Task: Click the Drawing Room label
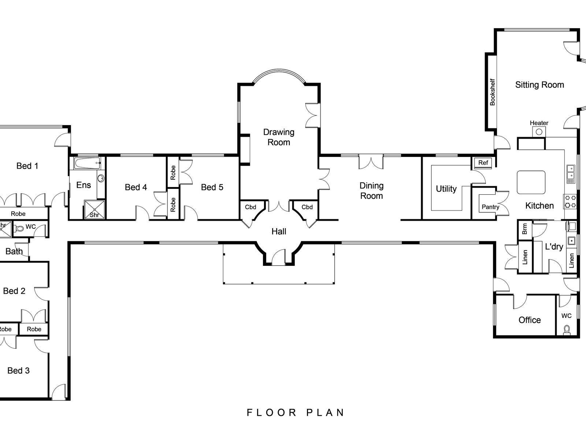[279, 137]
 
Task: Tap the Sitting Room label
[539, 85]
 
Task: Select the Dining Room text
[371, 190]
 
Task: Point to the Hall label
[279, 231]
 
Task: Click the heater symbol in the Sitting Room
[539, 132]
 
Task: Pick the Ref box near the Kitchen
[483, 163]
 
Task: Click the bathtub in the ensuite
[88, 163]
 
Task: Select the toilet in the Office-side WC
[566, 330]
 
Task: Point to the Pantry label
[490, 207]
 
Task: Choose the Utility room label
[446, 189]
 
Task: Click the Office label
[530, 320]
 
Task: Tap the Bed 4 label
[136, 187]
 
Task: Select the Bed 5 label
[212, 187]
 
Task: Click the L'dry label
[554, 246]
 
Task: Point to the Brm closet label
[524, 229]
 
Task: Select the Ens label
[84, 185]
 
